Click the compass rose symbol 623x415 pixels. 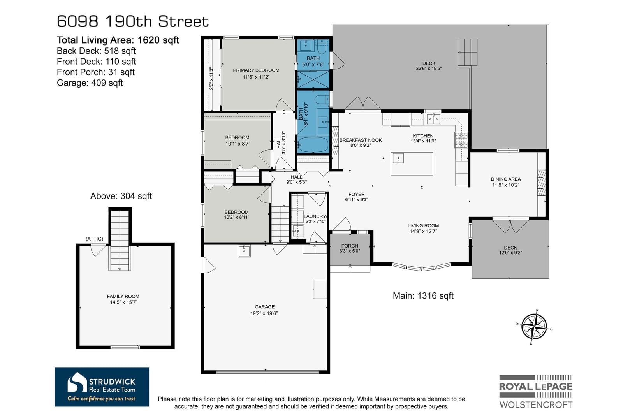(534, 327)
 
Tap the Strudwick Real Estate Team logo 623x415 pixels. (102, 387)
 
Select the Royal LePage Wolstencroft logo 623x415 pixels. (536, 392)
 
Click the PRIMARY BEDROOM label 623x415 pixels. (256, 70)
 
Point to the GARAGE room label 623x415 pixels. (264, 306)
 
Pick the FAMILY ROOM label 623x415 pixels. (123, 297)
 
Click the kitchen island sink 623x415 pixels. (398, 158)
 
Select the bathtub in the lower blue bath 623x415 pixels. (313, 144)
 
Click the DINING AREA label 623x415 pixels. (506, 179)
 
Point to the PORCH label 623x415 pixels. (350, 246)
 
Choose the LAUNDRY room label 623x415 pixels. (315, 216)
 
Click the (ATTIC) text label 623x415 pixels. (94, 239)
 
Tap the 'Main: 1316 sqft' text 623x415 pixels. (423, 295)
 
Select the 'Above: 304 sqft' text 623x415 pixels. (121, 196)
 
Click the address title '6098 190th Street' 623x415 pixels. (133, 21)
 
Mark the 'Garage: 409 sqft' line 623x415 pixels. (90, 83)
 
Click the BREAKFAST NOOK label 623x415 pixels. (361, 140)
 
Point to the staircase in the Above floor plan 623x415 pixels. (120, 240)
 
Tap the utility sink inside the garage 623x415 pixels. (244, 251)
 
